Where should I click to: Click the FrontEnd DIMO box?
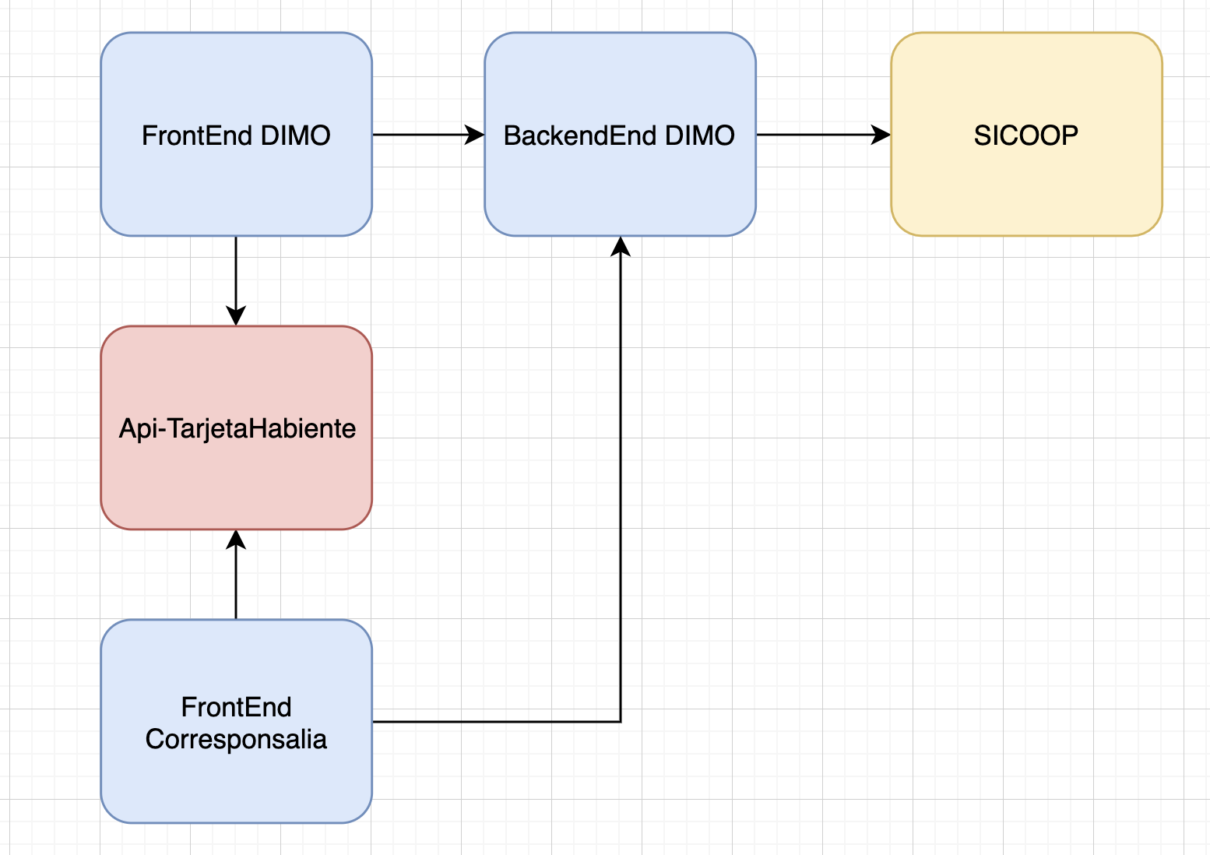tap(236, 135)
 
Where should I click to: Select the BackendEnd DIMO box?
tap(620, 135)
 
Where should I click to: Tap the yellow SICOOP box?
tap(1026, 135)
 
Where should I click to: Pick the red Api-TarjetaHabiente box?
tap(236, 427)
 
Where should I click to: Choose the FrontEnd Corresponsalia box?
tap(236, 722)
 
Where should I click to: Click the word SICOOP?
tap(1025, 135)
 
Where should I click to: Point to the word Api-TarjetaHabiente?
tap(237, 429)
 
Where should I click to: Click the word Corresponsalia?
tap(236, 740)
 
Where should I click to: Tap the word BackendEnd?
tap(580, 135)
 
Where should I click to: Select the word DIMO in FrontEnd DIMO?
tap(295, 135)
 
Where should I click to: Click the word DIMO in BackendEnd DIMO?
tap(700, 135)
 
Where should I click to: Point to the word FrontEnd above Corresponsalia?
tap(236, 707)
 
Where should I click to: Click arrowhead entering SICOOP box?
tap(881, 135)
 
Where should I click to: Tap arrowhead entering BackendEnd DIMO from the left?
tap(475, 135)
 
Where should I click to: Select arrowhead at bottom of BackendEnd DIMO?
tap(621, 246)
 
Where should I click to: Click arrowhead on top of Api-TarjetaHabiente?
tap(236, 315)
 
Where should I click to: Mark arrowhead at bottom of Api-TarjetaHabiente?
tap(236, 540)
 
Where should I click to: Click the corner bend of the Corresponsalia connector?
tap(621, 722)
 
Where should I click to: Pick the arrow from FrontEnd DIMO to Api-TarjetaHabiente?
tap(236, 281)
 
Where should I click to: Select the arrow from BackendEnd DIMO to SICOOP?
tap(824, 135)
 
